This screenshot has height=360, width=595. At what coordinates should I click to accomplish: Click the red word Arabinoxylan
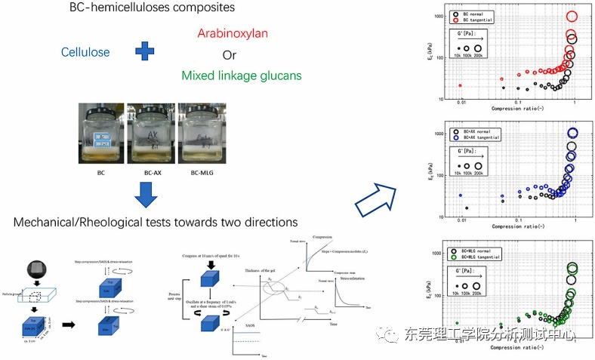(233, 33)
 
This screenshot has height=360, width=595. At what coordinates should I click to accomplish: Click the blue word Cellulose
(85, 52)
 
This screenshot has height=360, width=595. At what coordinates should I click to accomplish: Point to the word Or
(230, 54)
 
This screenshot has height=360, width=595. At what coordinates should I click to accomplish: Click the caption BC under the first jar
(100, 173)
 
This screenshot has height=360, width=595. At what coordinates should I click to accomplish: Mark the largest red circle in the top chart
(572, 17)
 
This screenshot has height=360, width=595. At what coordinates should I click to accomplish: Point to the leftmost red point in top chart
(460, 85)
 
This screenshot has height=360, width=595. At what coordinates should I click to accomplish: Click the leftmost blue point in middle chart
(460, 195)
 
